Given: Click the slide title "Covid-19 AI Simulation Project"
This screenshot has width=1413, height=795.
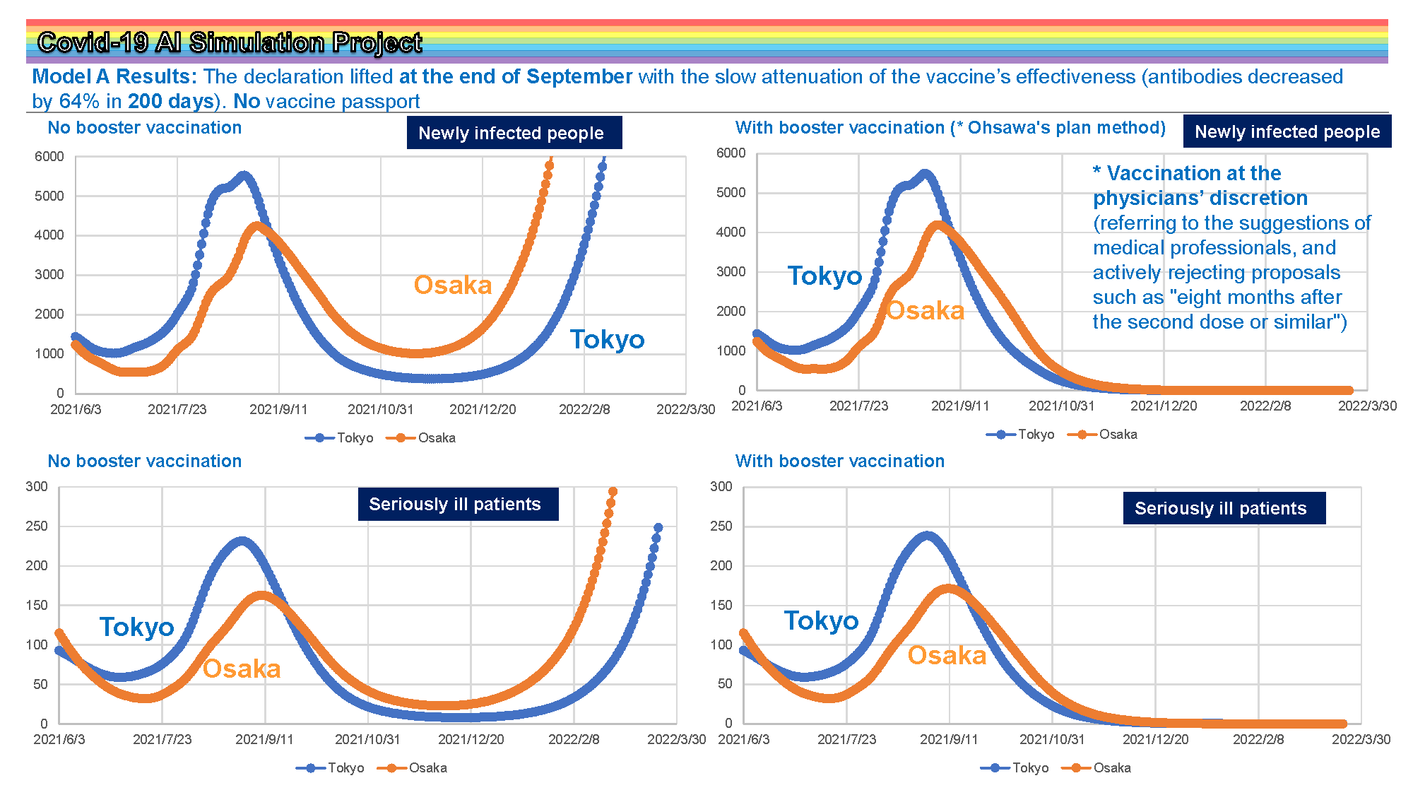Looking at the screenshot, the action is click(x=230, y=42).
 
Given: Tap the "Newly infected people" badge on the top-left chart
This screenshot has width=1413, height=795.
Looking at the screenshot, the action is click(x=514, y=133).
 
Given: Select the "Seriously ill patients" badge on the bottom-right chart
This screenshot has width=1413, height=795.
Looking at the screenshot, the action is click(x=1224, y=508).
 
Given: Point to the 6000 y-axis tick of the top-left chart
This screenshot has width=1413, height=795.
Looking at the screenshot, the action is click(x=49, y=156).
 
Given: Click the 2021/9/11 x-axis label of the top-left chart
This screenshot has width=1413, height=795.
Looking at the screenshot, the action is click(x=278, y=409).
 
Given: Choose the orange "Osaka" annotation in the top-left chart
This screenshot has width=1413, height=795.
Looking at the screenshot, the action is click(x=453, y=285).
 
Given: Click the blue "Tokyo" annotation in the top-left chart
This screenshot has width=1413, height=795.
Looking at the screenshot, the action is click(x=608, y=340).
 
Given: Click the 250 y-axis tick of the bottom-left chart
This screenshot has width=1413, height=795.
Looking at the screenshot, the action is click(x=37, y=526).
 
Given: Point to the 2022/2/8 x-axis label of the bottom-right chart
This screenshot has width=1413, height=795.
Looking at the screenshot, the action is click(x=1258, y=739).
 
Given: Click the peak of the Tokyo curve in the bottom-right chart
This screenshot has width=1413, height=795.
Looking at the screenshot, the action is click(x=927, y=536).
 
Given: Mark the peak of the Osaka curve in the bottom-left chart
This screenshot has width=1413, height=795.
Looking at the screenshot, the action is click(x=261, y=596).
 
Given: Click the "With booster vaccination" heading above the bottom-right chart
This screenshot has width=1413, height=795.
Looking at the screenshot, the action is click(x=840, y=461).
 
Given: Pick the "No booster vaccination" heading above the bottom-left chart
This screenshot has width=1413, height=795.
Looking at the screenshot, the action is click(x=145, y=461).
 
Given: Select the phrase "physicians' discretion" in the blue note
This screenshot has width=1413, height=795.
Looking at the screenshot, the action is click(x=1200, y=198).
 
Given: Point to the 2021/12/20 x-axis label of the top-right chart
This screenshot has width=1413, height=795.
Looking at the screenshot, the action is click(x=1164, y=406).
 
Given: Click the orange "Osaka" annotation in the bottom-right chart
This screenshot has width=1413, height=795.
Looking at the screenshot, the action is click(x=947, y=655).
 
